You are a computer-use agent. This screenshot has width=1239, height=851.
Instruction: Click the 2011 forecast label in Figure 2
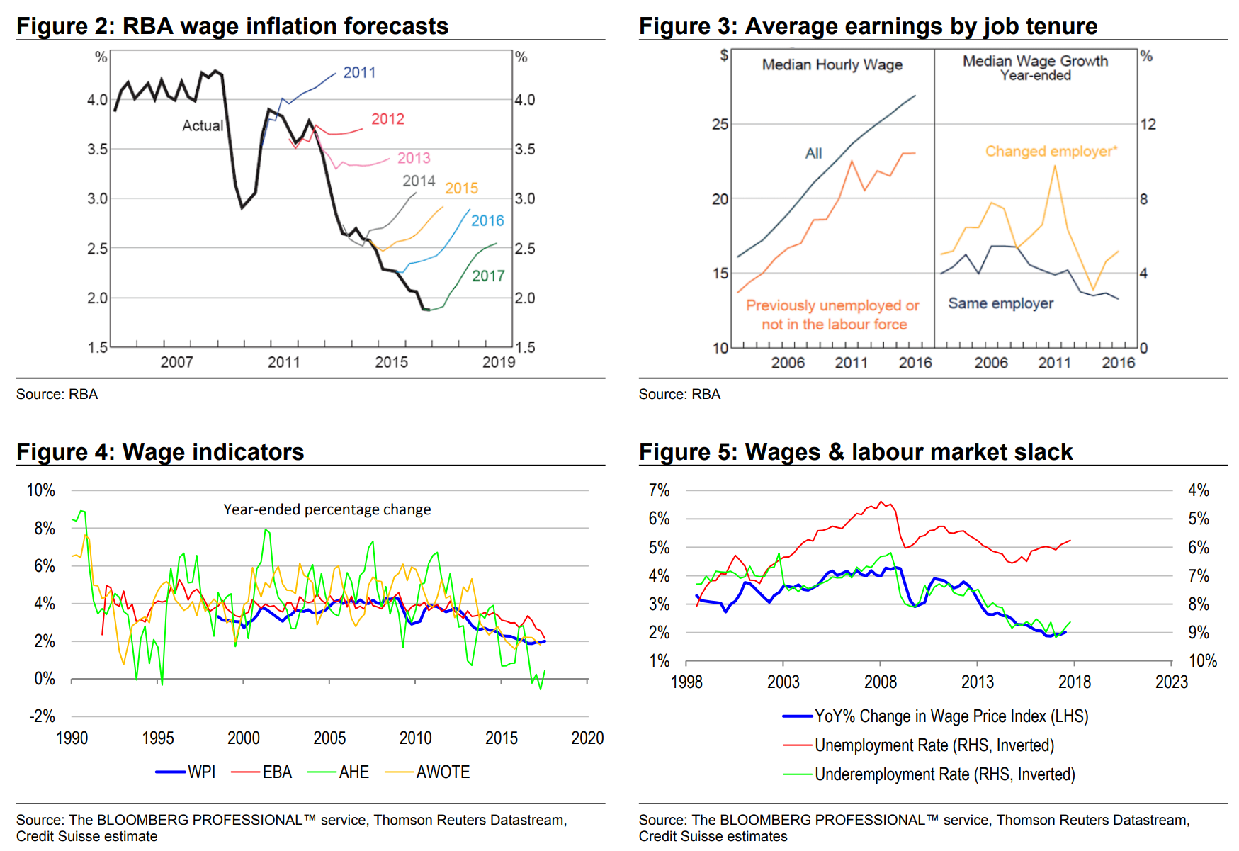point(359,72)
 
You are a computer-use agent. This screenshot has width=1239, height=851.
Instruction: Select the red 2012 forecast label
point(387,119)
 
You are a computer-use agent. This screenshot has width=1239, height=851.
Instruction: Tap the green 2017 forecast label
point(488,276)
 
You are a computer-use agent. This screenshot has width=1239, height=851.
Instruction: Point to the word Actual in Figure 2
point(203,125)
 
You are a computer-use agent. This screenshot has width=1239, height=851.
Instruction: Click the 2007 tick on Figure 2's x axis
point(176,362)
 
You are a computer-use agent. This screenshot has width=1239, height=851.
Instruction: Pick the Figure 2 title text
point(232,26)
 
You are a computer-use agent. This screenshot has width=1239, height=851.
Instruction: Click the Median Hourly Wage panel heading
point(832,64)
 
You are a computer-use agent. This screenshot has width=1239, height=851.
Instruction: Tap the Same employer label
point(1000,303)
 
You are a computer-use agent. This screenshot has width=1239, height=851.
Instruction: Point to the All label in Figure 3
point(813,153)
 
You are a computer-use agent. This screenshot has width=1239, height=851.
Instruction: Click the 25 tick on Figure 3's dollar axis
point(720,124)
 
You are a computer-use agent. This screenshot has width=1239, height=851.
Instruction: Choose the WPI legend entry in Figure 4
point(186,772)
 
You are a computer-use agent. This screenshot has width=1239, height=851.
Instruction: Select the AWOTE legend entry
point(428,772)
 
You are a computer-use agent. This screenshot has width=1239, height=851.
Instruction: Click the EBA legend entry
point(262,772)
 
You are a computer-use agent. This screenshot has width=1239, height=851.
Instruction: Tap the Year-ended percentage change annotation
point(327,509)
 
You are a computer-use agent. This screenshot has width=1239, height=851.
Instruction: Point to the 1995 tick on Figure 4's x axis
point(157,738)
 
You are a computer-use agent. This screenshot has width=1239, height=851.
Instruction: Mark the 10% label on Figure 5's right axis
point(1202,661)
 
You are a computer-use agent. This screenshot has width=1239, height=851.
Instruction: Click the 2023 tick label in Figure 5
point(1171,682)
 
